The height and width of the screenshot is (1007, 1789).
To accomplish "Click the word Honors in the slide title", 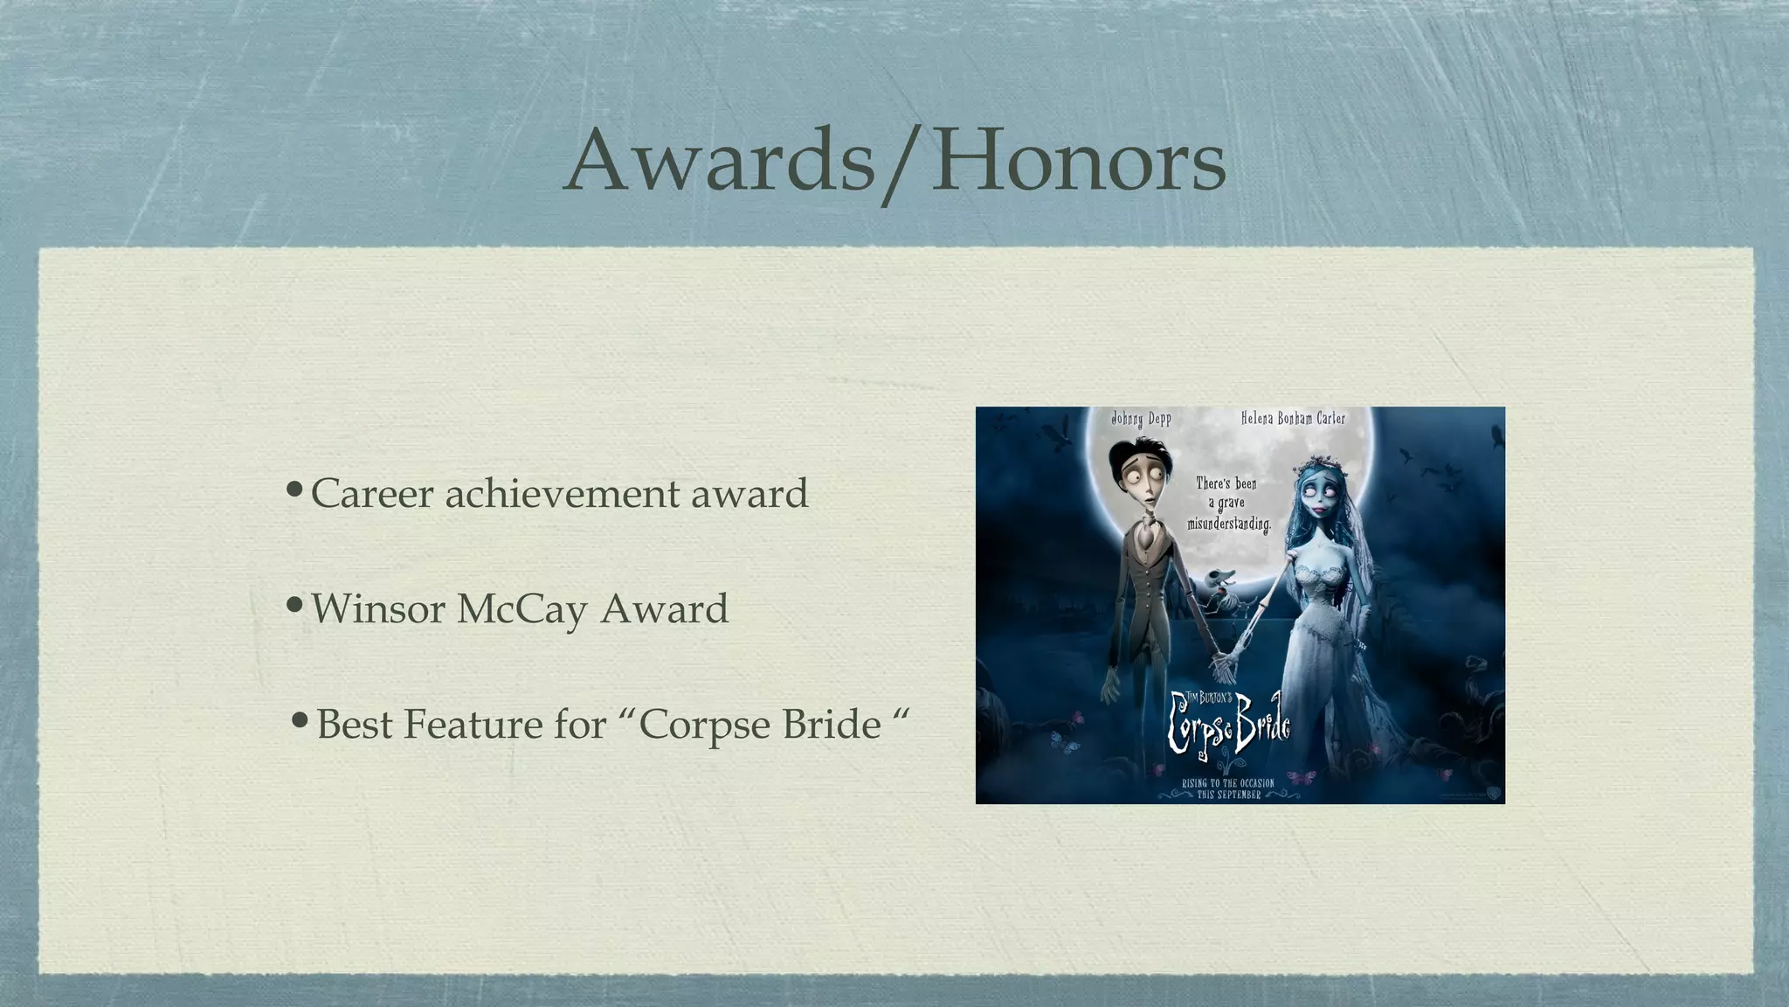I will (x=1078, y=162).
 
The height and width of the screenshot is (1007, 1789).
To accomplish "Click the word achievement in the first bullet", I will (x=563, y=494).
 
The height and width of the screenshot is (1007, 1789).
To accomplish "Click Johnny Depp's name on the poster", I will (x=1141, y=419).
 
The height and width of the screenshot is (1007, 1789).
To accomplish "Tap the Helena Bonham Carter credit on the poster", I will (x=1293, y=419).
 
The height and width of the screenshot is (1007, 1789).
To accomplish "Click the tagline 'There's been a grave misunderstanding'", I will (x=1227, y=503).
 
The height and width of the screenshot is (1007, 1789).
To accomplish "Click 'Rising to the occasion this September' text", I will (x=1227, y=788).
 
